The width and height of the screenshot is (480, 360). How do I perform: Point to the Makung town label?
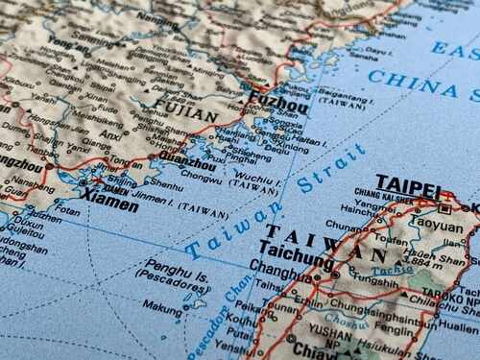(x=161, y=308)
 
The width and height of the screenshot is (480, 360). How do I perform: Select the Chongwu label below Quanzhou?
(x=201, y=177)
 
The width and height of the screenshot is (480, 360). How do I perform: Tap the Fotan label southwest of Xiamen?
(x=67, y=210)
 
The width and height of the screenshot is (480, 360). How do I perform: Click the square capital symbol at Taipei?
(x=444, y=206)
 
